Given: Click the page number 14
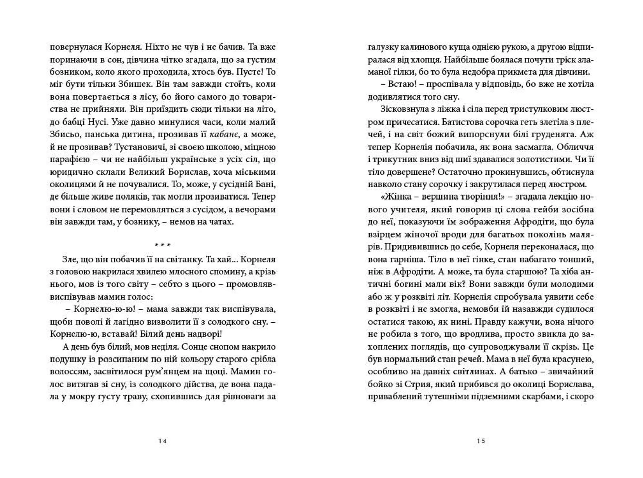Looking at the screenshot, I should [x=162, y=441].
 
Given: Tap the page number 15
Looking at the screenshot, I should [x=481, y=441].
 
